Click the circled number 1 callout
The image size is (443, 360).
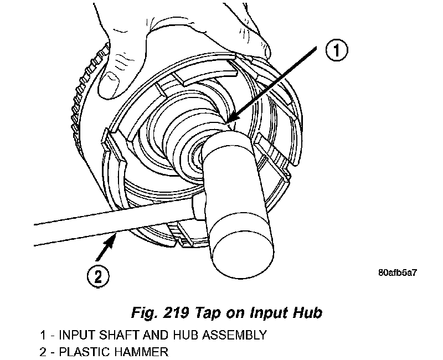coord(336,52)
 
